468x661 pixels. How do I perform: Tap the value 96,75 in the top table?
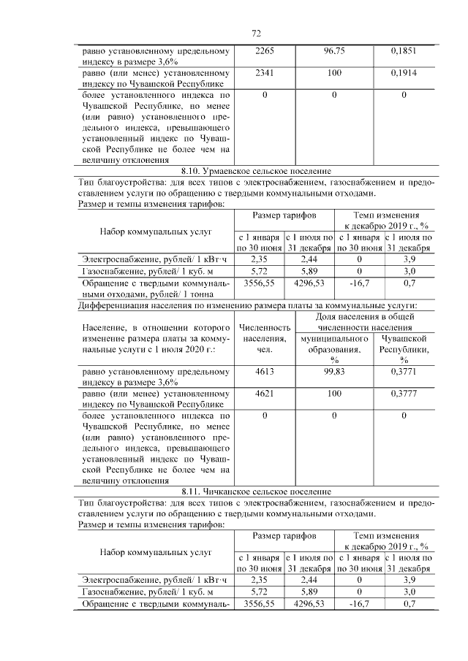333,52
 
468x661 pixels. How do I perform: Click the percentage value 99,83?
333,372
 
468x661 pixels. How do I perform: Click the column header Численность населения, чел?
265,339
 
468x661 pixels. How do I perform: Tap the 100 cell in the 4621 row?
333,394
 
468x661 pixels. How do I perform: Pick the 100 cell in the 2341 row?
333,74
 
